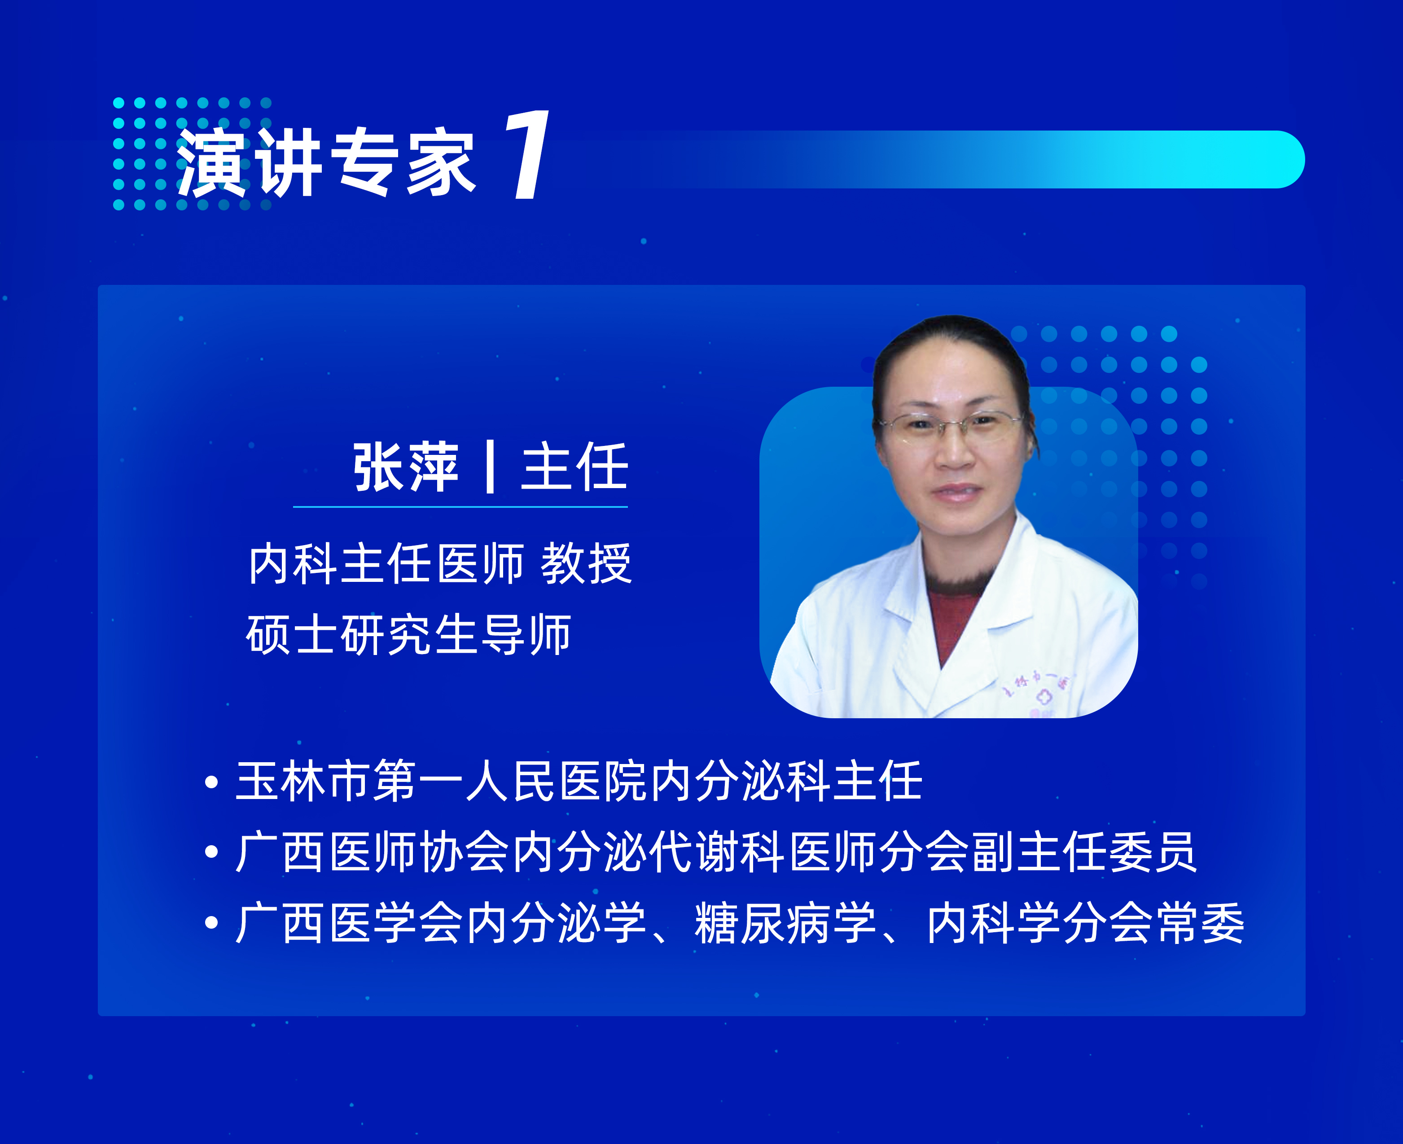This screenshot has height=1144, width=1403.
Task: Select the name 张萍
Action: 405,468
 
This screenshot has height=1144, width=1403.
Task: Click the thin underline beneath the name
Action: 460,507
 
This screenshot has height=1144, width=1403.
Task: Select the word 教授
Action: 586,564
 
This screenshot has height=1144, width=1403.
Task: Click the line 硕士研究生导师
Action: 409,635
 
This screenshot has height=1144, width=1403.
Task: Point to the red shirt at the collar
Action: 954,620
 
